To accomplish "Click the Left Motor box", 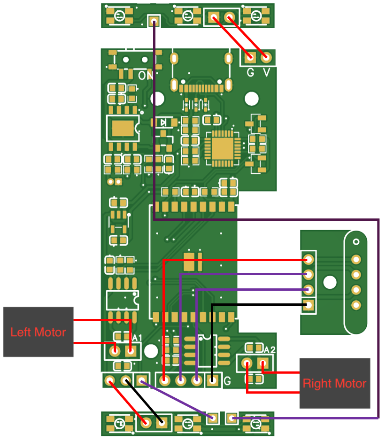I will (x=38, y=332).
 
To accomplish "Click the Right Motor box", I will (x=334, y=383).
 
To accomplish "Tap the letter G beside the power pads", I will (x=251, y=72).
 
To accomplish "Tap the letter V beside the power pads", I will (x=267, y=72).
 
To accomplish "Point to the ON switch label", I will (x=145, y=75).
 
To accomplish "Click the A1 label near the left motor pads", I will (x=137, y=338).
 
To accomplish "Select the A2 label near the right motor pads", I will (x=270, y=349).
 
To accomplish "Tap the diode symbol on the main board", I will (x=163, y=123).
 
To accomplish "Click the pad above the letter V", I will (x=266, y=58).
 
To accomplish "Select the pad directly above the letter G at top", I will (x=250, y=58).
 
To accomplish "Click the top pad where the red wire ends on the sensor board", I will (x=309, y=259).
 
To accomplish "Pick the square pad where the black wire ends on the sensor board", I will (x=309, y=305).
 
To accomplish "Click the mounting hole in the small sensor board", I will (x=330, y=282).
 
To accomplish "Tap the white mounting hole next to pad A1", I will (x=151, y=351).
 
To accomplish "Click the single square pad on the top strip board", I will (x=154, y=20).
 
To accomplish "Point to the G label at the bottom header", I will (x=227, y=380).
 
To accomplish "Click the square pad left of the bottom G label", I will (x=212, y=380).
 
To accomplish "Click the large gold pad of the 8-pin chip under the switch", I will (x=123, y=128).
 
